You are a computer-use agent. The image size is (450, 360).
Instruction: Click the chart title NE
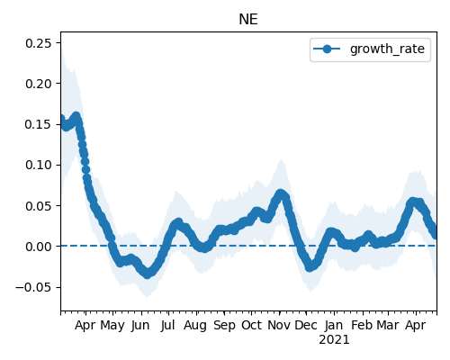[248, 20]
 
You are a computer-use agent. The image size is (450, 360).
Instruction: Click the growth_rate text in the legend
[387, 49]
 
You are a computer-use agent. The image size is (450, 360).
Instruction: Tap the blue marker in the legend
[327, 49]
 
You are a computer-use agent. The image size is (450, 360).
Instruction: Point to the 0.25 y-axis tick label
[39, 43]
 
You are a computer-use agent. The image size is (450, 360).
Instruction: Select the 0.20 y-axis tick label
[39, 84]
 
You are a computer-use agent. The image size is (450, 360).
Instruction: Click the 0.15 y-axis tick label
[39, 124]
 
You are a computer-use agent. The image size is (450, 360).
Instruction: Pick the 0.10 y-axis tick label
[39, 165]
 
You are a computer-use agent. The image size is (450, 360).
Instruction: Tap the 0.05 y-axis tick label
[39, 206]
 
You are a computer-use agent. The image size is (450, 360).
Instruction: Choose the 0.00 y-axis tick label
[39, 247]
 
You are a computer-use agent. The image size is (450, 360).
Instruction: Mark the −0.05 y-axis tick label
[33, 287]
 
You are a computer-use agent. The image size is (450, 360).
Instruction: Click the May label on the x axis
[112, 326]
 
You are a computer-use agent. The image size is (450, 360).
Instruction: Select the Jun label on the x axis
[140, 326]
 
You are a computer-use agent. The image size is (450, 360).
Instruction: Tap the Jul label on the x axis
[167, 326]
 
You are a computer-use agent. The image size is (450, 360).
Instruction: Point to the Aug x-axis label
[195, 326]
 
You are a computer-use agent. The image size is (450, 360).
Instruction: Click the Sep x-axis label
[224, 326]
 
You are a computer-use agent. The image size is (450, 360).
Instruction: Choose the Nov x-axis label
[279, 326]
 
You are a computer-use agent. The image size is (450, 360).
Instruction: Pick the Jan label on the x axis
[334, 326]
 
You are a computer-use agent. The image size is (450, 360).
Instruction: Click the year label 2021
[334, 340]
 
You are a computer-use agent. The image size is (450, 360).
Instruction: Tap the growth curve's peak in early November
[280, 193]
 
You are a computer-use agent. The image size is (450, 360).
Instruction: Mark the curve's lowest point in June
[147, 274]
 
